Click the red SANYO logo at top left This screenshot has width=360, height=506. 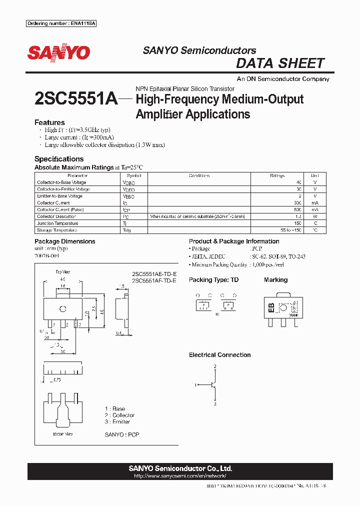point(58,52)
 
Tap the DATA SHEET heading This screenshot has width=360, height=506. point(280,63)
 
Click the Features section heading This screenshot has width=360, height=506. point(49,122)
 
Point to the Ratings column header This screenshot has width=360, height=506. point(276,176)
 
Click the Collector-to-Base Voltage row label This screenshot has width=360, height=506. point(61,182)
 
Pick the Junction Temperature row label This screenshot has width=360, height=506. point(57,223)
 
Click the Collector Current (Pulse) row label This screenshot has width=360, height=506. point(60,210)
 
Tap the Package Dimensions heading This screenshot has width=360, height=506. point(64,241)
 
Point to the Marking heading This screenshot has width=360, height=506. point(275,280)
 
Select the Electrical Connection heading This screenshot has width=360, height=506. point(219,355)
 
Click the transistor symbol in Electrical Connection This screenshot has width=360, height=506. point(213,385)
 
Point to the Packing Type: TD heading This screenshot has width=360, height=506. point(213,280)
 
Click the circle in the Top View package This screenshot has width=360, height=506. point(63,308)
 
